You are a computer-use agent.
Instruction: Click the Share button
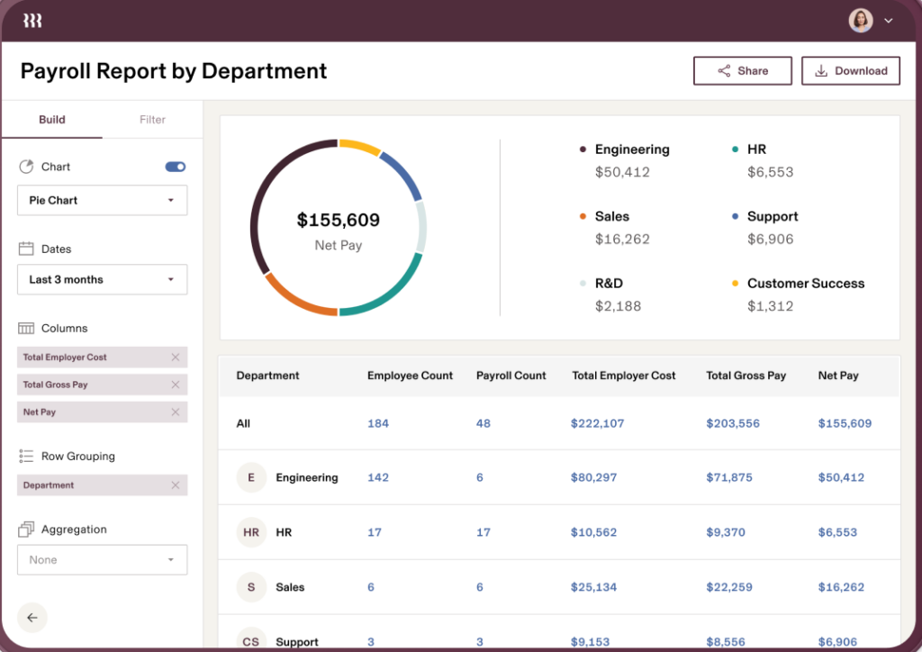(742, 71)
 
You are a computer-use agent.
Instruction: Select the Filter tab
(152, 120)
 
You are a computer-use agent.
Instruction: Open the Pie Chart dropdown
(102, 201)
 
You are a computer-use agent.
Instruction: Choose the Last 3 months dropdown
(102, 280)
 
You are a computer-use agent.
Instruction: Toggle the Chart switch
(176, 167)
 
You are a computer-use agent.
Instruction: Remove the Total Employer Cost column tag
(176, 358)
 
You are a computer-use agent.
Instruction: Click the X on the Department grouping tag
(176, 485)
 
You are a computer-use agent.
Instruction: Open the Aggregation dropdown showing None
(102, 560)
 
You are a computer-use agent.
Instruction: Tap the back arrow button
(32, 618)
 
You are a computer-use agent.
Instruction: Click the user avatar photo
(861, 21)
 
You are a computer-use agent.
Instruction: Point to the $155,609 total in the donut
(339, 220)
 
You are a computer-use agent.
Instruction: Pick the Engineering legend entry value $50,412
(622, 172)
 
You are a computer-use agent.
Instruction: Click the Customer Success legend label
(805, 284)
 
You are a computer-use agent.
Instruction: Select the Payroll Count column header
(511, 376)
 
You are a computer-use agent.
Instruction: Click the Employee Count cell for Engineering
(378, 477)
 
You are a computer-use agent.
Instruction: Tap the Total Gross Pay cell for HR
(726, 532)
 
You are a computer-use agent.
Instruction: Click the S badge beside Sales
(251, 587)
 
